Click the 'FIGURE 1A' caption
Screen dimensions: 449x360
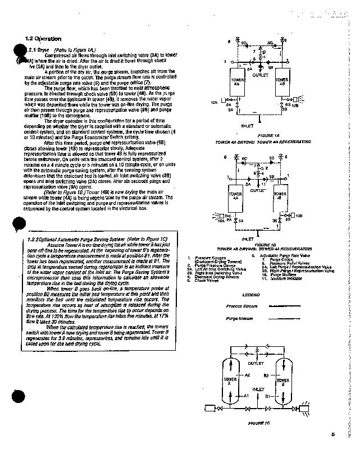pyautogui.click(x=262, y=136)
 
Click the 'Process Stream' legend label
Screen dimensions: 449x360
pyautogui.click(x=241, y=306)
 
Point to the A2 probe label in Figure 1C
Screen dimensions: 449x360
pyautogui.click(x=247, y=374)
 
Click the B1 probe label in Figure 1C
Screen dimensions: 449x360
pyautogui.click(x=268, y=396)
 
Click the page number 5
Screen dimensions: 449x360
pyautogui.click(x=332, y=433)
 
